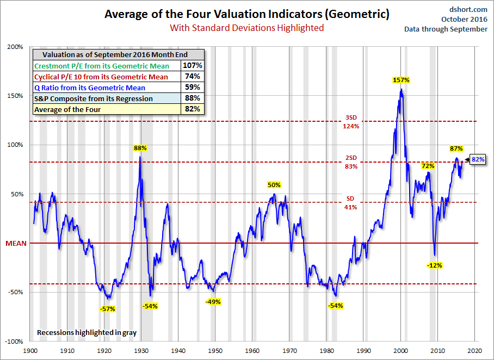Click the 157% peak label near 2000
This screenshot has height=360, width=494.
click(x=401, y=80)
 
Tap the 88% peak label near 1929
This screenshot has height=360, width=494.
click(x=141, y=147)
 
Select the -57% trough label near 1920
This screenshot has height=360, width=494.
click(x=107, y=309)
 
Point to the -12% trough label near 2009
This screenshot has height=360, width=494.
click(x=434, y=265)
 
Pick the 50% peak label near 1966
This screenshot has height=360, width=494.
click(x=274, y=185)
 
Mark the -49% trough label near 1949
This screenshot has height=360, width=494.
click(x=213, y=302)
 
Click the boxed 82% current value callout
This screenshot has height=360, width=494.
click(x=478, y=159)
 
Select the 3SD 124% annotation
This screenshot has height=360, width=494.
click(x=351, y=122)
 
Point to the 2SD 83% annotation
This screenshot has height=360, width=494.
click(x=351, y=162)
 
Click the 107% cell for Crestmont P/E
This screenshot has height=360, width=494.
click(x=193, y=66)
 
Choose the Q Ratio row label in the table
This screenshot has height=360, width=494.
click(x=90, y=88)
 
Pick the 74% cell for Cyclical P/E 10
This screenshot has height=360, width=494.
click(x=193, y=77)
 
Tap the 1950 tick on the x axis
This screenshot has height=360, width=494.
click(x=215, y=351)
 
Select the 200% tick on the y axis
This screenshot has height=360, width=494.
click(x=15, y=47)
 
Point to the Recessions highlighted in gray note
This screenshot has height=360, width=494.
click(x=87, y=332)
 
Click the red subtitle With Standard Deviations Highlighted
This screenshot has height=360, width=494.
click(x=246, y=27)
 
